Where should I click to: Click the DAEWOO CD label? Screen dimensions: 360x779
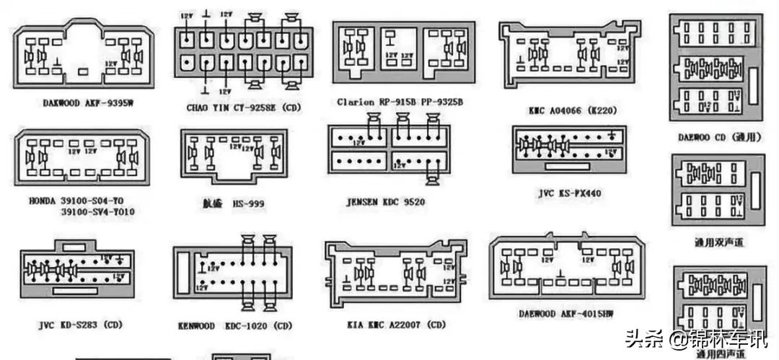coord(718,136)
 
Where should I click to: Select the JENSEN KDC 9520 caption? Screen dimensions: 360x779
coord(386,202)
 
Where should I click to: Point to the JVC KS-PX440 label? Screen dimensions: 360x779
coord(569,193)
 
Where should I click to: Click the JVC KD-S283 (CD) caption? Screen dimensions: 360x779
coord(80,325)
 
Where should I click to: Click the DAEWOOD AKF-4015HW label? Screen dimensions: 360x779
coord(566,314)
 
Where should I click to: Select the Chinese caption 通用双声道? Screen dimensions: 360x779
coord(718,243)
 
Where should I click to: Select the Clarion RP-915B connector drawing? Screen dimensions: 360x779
coord(402,51)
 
